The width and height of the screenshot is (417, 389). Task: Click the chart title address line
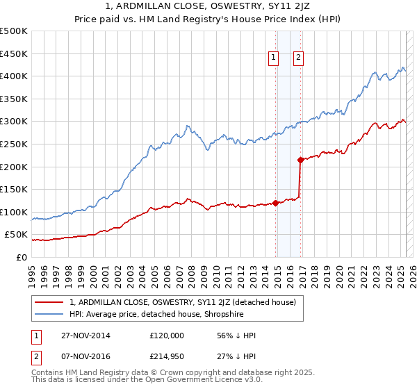tap(208, 7)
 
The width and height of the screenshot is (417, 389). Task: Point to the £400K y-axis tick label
tap(15, 76)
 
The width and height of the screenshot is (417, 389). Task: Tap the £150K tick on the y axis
tap(15, 189)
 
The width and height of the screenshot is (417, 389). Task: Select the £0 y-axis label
tap(21, 257)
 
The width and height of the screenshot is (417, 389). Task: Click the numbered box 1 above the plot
tap(274, 58)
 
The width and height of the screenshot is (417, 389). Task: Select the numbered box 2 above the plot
tap(298, 58)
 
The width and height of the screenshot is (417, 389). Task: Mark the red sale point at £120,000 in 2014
tap(276, 203)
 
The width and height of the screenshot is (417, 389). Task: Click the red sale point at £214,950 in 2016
tap(300, 160)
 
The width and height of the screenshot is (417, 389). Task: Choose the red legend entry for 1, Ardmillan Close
tap(183, 302)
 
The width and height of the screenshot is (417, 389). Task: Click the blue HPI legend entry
tap(166, 314)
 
